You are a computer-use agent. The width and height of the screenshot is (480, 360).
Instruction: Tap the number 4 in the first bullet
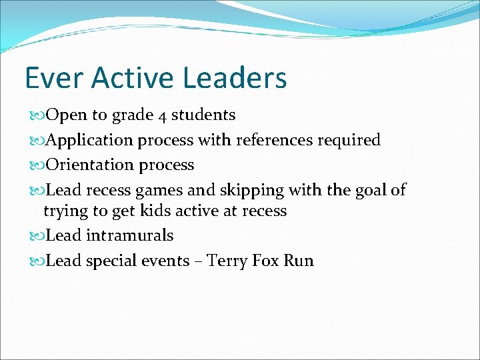[x=163, y=115]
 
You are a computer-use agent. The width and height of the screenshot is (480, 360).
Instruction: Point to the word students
[x=203, y=115]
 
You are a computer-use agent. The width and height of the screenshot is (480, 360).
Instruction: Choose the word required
[x=349, y=140]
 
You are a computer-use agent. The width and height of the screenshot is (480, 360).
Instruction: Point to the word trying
[x=65, y=211]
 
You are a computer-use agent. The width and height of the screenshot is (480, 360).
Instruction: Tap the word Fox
[x=266, y=261]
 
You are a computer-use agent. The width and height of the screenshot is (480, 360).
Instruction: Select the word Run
[x=299, y=261]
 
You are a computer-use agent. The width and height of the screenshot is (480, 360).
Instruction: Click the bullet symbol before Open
[x=37, y=115]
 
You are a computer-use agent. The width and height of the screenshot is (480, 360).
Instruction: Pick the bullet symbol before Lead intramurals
[x=37, y=236]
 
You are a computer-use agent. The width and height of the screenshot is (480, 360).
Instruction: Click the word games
[x=159, y=191]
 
